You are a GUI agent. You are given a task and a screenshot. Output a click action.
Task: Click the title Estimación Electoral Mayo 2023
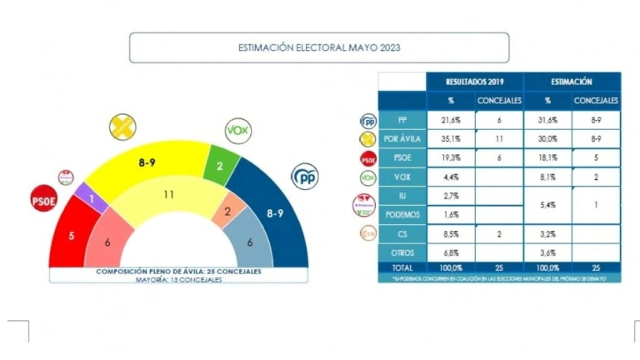click(319, 47)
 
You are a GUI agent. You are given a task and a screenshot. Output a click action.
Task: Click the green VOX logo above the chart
click(238, 131)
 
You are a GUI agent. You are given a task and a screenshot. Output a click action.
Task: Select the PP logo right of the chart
click(304, 177)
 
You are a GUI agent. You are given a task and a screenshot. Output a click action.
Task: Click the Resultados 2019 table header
click(474, 82)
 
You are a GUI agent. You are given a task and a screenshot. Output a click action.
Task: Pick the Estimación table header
click(572, 82)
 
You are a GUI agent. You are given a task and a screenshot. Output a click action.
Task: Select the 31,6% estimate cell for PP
click(547, 120)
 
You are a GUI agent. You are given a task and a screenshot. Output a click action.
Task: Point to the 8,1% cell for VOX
click(547, 177)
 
